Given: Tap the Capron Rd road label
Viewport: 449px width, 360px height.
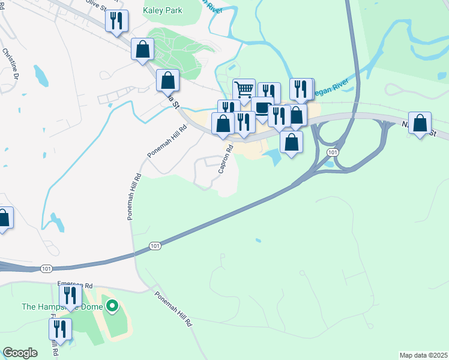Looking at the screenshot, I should coord(224,158).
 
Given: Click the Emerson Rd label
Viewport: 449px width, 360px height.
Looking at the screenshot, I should coord(75,286).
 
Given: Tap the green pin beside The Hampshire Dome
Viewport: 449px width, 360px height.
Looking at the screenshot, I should coord(111,307).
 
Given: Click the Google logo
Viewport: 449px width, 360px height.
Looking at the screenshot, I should coord(20,353).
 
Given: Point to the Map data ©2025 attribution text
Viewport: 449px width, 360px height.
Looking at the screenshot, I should coord(423,355).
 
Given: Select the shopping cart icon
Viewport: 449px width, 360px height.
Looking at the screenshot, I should coord(244,90).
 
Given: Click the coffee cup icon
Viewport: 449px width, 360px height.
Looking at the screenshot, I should coord(262,108).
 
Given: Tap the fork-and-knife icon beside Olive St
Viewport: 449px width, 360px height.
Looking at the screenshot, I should coord(116,21).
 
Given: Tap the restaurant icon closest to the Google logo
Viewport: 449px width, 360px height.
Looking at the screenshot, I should coord(60,329).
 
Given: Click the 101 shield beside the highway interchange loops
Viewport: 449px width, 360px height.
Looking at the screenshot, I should coord(332,153).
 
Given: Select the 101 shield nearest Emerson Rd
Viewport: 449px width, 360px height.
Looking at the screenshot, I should coord(46,268).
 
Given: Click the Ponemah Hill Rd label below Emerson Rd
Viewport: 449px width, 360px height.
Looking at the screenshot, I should coord(173,308).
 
